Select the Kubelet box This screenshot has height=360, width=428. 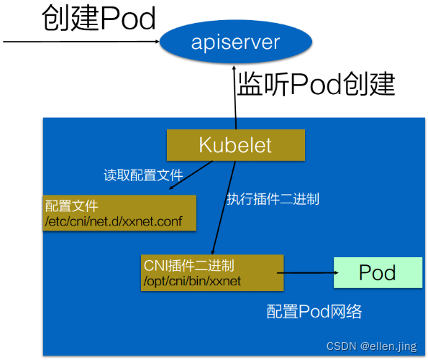click(235, 145)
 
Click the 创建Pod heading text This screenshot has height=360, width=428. click(99, 19)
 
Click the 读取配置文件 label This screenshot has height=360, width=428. click(143, 175)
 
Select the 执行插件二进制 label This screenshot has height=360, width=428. click(273, 199)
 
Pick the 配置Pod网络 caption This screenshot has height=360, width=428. click(314, 311)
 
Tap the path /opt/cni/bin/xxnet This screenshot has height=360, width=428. click(193, 280)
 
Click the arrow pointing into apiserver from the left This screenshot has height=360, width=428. click(79, 42)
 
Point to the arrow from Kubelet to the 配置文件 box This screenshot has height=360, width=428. click(191, 176)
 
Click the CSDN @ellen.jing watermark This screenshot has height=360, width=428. click(371, 347)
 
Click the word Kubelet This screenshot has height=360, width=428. click(235, 145)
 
